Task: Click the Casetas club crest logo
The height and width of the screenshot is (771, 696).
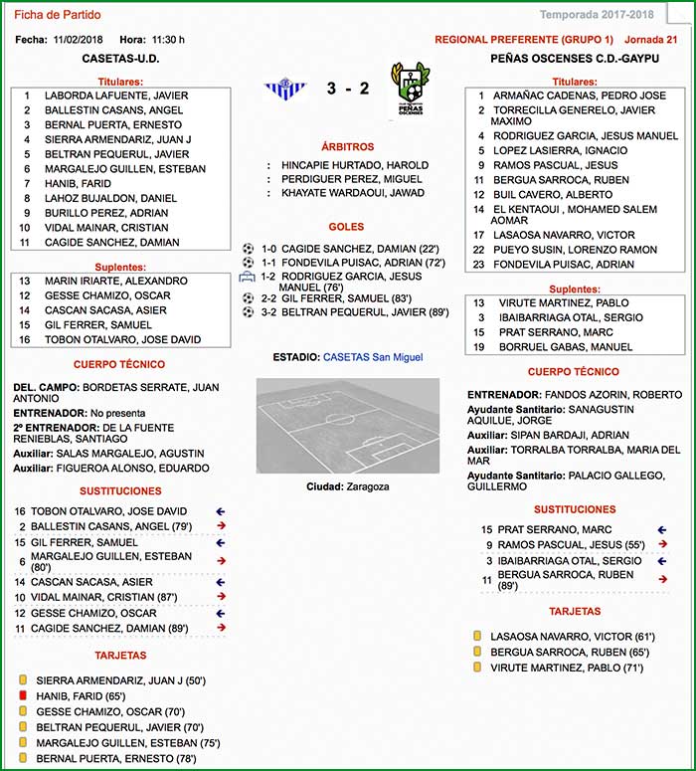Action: pyautogui.click(x=285, y=89)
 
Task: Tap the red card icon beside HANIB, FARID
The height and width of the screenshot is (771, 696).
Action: pyautogui.click(x=22, y=696)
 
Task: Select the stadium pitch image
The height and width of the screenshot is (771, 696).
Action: pyautogui.click(x=348, y=426)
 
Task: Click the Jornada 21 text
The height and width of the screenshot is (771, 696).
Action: pyautogui.click(x=650, y=40)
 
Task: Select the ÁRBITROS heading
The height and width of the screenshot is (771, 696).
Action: pyautogui.click(x=348, y=145)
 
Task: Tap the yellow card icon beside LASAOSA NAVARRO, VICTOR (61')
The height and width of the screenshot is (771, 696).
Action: pyautogui.click(x=477, y=636)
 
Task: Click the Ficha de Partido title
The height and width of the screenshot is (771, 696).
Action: pyautogui.click(x=57, y=15)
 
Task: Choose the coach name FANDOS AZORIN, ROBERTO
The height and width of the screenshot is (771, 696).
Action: pyautogui.click(x=607, y=394)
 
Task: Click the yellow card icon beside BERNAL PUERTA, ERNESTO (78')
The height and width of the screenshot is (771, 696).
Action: pyautogui.click(x=22, y=759)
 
